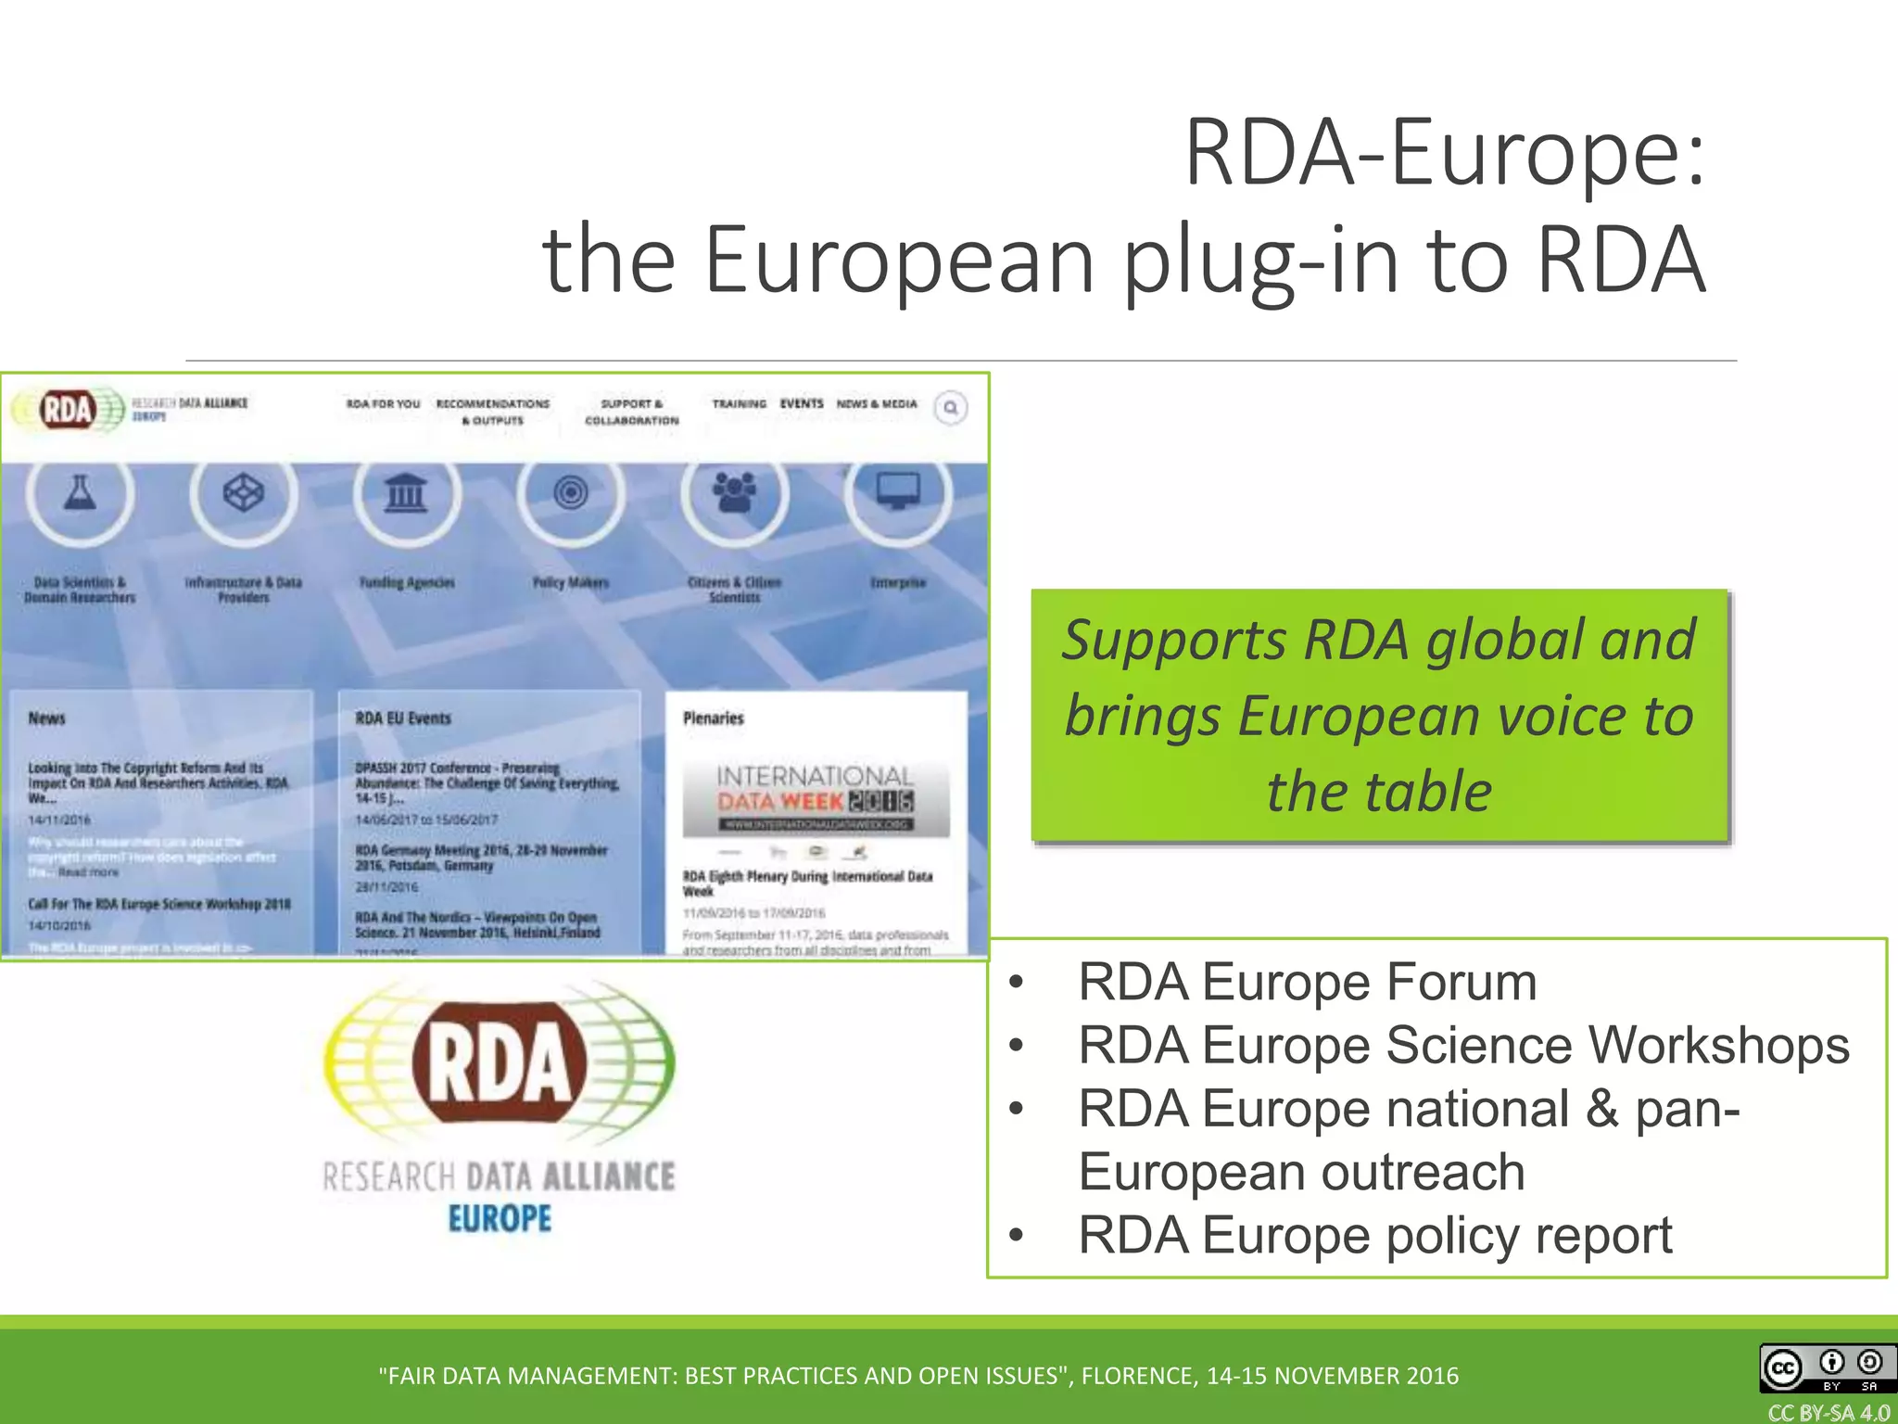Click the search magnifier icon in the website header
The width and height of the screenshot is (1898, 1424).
coord(950,408)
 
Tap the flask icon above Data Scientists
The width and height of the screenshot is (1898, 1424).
coord(80,492)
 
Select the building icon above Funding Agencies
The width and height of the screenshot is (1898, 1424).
coord(406,492)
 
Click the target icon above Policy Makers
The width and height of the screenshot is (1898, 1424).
coord(571,492)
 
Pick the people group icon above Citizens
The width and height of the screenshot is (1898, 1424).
coord(734,492)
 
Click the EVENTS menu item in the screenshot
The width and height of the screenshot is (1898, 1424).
coord(802,403)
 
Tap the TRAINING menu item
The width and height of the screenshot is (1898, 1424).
coord(739,403)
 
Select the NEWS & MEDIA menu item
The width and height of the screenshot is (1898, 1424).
coord(877,403)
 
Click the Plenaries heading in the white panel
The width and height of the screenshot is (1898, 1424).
coord(714,718)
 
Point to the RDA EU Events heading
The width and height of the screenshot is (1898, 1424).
coord(403,718)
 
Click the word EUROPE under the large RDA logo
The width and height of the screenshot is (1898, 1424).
coord(500,1218)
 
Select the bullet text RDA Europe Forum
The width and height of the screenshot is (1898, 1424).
coord(1307,982)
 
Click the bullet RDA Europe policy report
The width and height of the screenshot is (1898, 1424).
coord(1374,1236)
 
